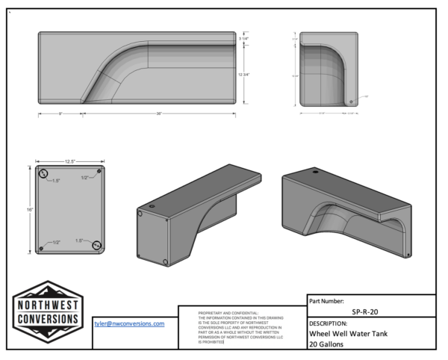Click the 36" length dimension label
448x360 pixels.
(158, 114)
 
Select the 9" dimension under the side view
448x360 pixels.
(60, 114)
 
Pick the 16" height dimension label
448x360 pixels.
(31, 210)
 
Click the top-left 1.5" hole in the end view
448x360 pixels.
(45, 175)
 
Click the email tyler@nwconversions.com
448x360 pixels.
(129, 323)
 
